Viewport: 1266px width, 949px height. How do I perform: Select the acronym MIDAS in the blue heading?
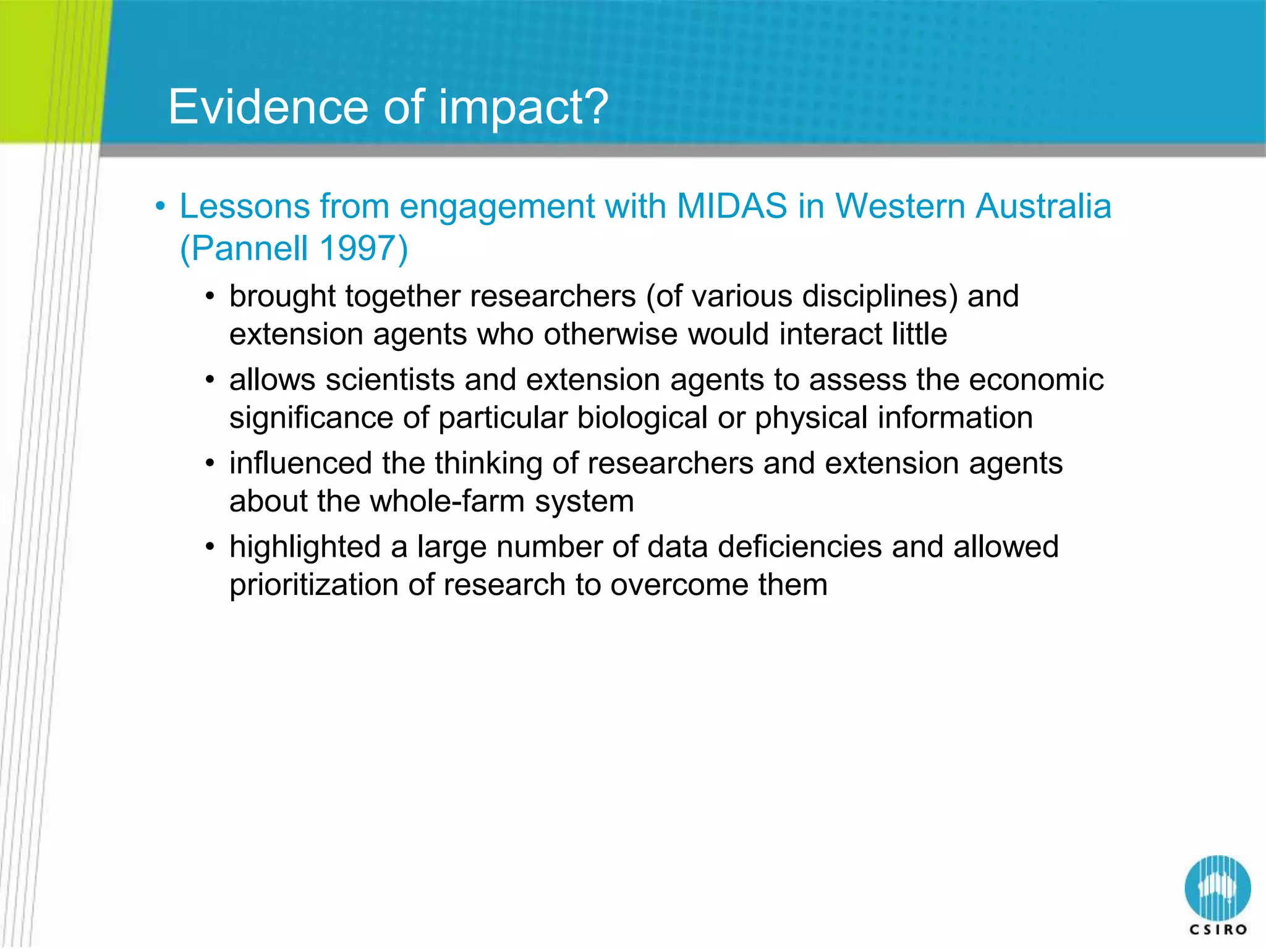click(732, 206)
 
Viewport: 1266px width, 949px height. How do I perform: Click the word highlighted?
click(305, 547)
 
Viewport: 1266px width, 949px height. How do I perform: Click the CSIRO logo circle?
click(1217, 888)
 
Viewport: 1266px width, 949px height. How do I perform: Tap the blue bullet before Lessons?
click(161, 207)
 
